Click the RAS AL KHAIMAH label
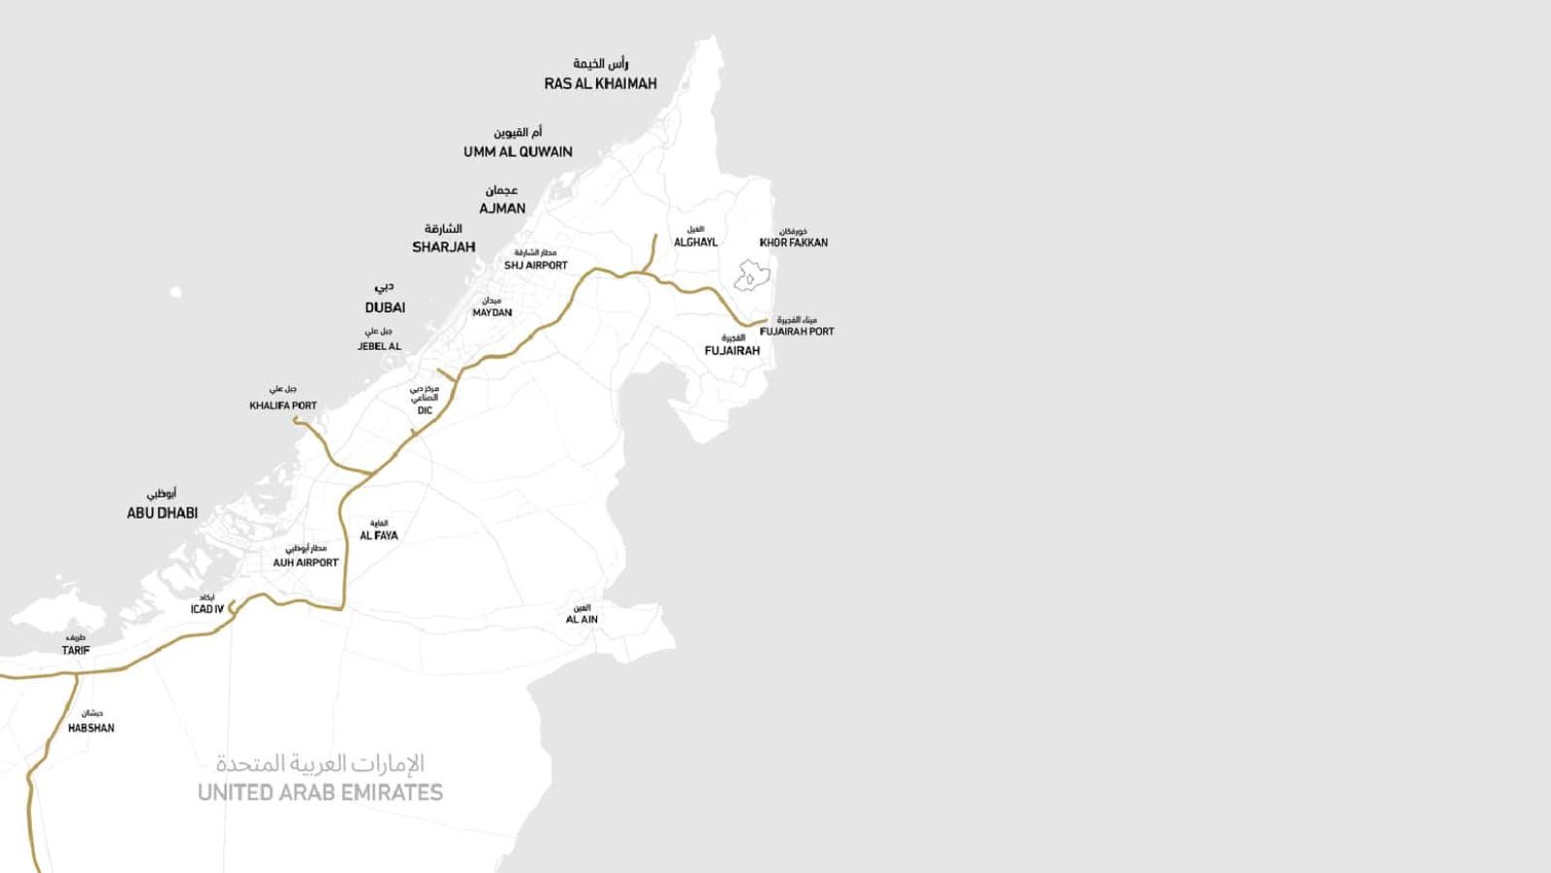coord(600,83)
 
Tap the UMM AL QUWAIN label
coord(518,151)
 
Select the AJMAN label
coord(502,209)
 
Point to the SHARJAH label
coord(444,247)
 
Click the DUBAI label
coord(385,307)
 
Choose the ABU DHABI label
coord(162,513)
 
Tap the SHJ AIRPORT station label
coord(536,265)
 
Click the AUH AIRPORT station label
coord(305,563)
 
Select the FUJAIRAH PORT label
coord(797,331)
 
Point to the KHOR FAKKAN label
coord(794,242)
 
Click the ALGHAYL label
coord(696,242)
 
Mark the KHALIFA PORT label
coord(283,405)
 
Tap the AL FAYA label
coord(379,535)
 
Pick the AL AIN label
coord(582,619)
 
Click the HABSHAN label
coord(91,727)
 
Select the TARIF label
coord(76,650)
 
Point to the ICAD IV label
coord(206,609)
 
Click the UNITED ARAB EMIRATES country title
coord(320,792)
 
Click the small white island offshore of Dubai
coord(175,291)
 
